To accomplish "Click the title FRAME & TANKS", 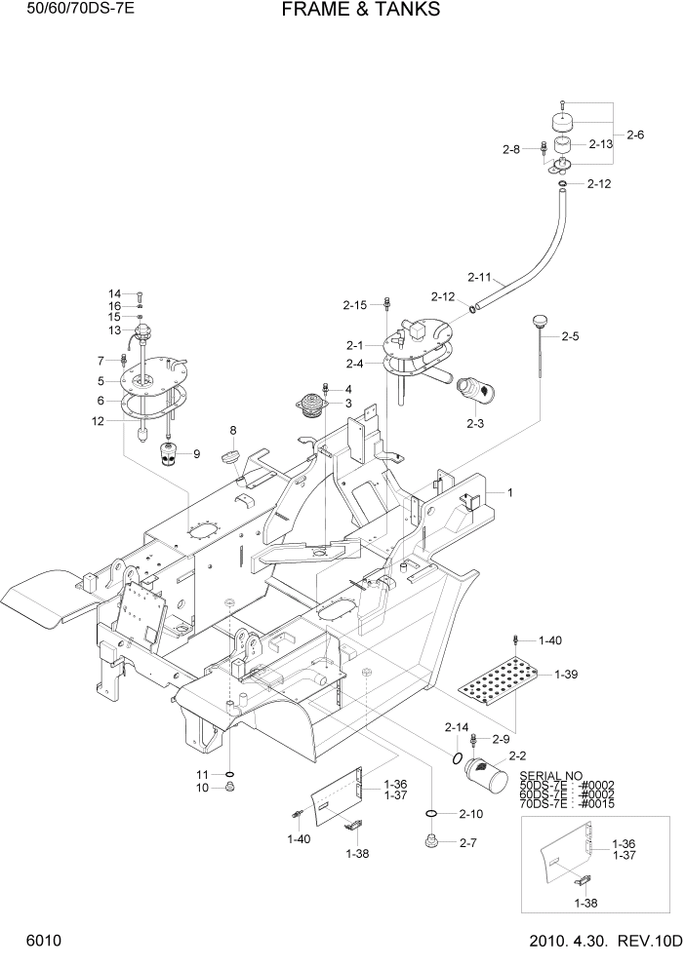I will pos(361,11).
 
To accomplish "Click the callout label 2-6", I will pos(635,135).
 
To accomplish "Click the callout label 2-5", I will pos(571,336).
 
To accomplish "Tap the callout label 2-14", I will pos(457,727).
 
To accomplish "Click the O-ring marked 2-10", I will pos(430,812).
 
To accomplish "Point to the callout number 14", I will pos(114,293).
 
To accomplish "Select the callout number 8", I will pos(233,430).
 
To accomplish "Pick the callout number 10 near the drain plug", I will pos(203,788).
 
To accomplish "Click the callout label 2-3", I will pos(475,423).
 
